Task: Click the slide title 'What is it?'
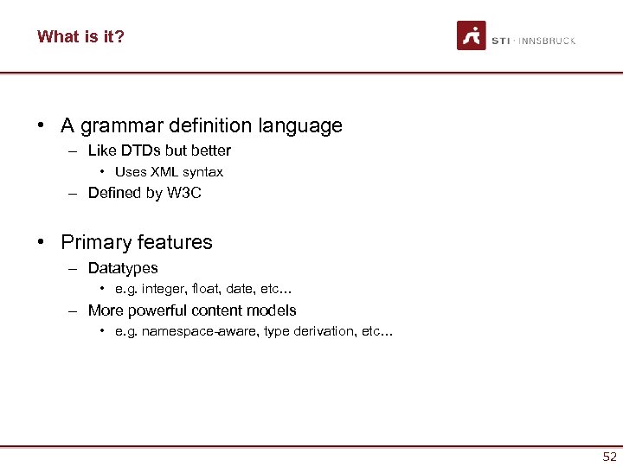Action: tap(80, 36)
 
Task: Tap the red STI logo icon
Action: tap(472, 35)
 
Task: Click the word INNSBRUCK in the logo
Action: tap(548, 41)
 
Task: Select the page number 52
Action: tap(610, 457)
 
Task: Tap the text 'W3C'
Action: tap(184, 193)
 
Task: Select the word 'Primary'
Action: tap(93, 242)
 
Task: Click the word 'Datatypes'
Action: tap(123, 268)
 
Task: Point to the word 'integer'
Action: tap(164, 290)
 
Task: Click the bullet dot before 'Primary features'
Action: tap(42, 242)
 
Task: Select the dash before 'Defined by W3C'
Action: tap(75, 193)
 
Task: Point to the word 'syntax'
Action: tap(203, 172)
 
